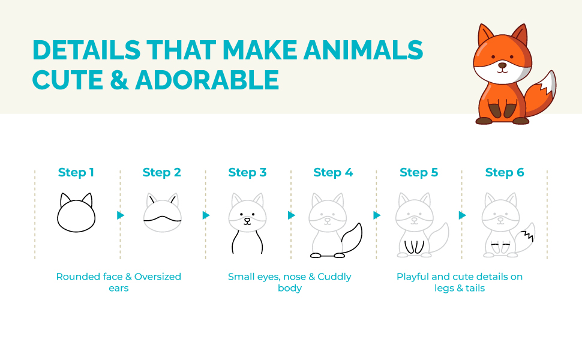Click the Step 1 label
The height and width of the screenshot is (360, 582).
76,173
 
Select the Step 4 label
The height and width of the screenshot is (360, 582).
332,173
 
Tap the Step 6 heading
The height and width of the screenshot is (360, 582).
504,173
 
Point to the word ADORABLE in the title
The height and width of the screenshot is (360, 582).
208,80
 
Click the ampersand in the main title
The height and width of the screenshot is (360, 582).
119,80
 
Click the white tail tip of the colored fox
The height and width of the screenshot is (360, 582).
548,83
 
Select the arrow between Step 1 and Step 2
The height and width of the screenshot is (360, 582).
121,215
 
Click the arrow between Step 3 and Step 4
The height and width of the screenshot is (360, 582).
292,215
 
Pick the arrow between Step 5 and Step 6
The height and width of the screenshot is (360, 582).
463,215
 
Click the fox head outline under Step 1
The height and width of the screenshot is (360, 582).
76,215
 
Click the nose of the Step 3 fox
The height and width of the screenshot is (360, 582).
247,220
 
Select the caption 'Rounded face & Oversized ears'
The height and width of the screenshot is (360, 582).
118,282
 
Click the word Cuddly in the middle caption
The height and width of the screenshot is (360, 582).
334,277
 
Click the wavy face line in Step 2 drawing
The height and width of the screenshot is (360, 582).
163,220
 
